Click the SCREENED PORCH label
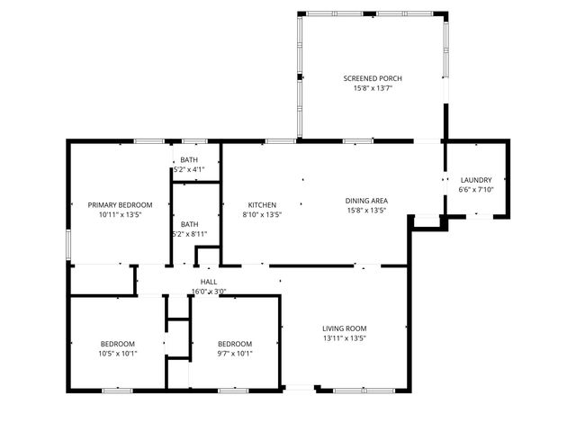tap(372, 78)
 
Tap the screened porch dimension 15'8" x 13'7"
tap(372, 88)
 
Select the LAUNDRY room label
tap(476, 180)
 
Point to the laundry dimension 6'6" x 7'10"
tap(476, 190)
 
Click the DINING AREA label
tap(366, 201)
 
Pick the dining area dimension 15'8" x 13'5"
tap(366, 211)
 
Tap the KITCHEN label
tap(262, 205)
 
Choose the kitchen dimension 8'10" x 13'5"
tap(262, 215)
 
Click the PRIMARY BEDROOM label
tap(120, 205)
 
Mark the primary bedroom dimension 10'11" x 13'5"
tap(120, 215)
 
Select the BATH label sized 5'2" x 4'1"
tap(189, 159)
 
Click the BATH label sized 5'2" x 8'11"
tap(189, 224)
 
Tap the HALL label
tap(208, 282)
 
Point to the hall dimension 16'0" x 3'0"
tap(208, 292)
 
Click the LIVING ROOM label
tap(344, 328)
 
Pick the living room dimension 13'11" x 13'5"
tap(344, 338)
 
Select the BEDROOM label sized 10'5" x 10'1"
tap(117, 344)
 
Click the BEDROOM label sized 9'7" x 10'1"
tap(234, 344)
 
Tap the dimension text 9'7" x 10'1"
tap(234, 354)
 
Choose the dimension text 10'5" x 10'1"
tap(117, 354)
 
